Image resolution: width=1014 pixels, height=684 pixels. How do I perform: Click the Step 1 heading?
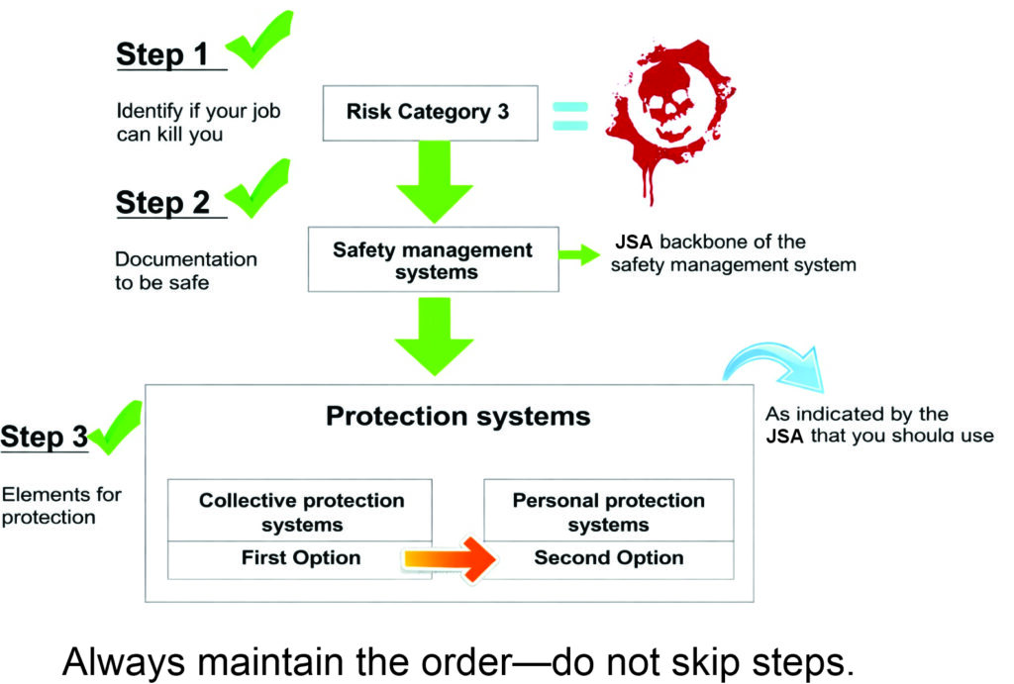pos(162,54)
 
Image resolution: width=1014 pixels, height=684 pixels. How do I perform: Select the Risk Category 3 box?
pos(430,113)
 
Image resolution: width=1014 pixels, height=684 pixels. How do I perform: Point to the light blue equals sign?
pos(570,116)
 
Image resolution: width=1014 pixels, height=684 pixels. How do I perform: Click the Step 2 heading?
pos(162,203)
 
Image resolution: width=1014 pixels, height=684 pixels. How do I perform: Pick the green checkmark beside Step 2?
pos(256,189)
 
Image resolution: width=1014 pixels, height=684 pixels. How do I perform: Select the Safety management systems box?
pos(434,259)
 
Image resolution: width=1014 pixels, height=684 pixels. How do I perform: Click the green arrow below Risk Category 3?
pos(435,182)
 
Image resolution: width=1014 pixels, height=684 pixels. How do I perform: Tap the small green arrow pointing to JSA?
pos(579,254)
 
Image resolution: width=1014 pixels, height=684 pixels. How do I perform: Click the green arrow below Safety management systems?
pos(435,337)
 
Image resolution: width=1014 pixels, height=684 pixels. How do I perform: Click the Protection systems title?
pos(457,417)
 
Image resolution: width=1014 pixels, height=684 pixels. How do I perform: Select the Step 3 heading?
pos(44,438)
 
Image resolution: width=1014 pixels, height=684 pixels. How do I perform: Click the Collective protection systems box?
pos(300,510)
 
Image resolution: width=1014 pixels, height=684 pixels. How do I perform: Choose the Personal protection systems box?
pos(609,510)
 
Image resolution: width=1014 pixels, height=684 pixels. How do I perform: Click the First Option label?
pos(301,558)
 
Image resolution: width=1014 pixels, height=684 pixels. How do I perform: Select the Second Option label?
pos(609,558)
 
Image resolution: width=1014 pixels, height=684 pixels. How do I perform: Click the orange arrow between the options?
pos(451,559)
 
